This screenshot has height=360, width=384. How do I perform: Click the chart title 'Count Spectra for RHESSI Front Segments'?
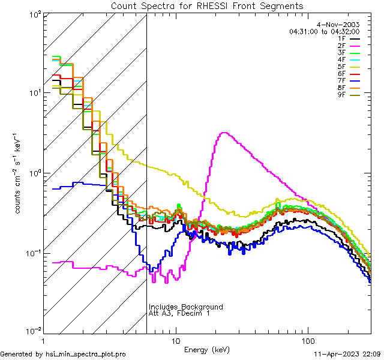click(x=207, y=6)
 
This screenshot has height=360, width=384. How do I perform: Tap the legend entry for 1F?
click(x=350, y=38)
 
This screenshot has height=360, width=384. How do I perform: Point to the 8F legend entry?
click(x=350, y=88)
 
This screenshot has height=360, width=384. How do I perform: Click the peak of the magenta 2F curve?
click(x=224, y=133)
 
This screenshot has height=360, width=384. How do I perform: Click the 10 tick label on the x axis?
click(x=175, y=340)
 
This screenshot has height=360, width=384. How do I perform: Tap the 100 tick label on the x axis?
click(x=307, y=340)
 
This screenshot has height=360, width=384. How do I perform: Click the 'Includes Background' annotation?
click(x=186, y=307)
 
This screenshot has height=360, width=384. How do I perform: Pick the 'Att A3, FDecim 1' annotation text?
click(x=180, y=313)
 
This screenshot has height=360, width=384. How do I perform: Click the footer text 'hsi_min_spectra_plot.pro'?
click(x=86, y=355)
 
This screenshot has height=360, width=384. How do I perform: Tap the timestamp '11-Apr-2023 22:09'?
click(x=347, y=355)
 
